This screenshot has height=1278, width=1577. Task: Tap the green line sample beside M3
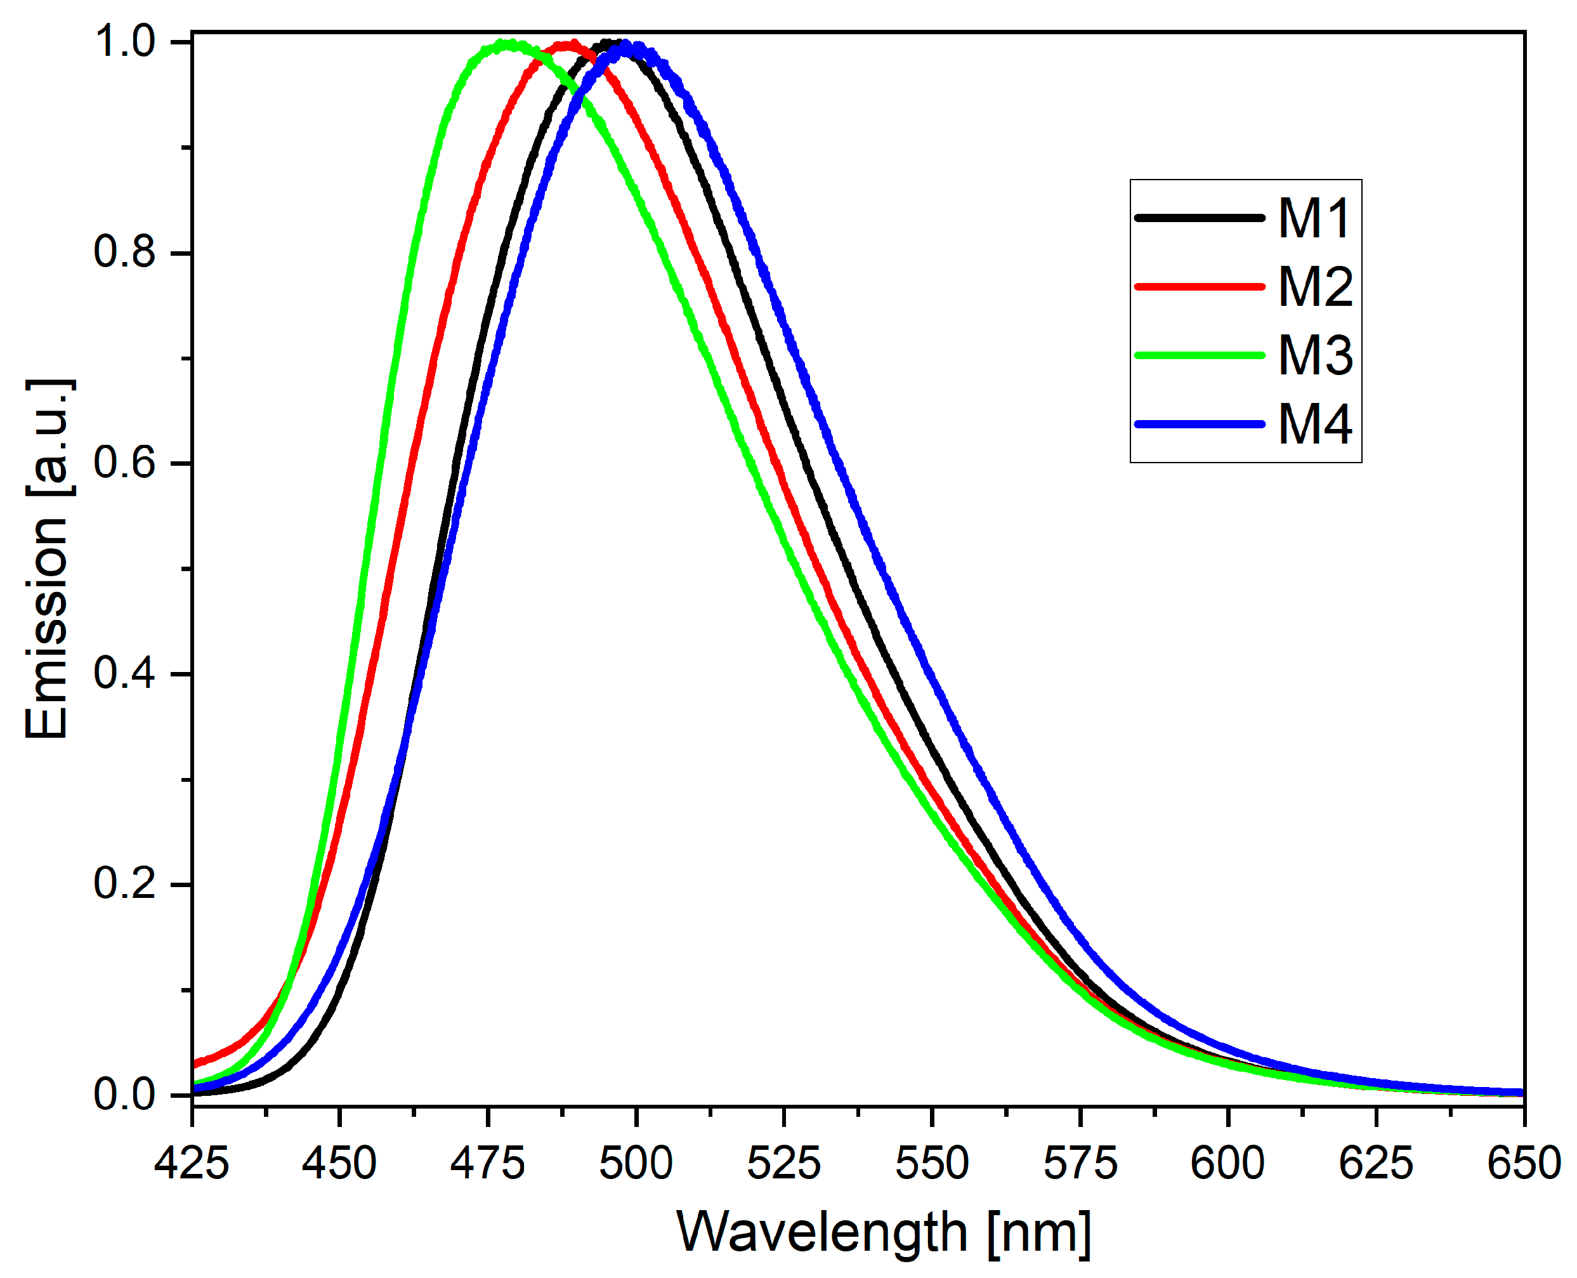pos(1199,355)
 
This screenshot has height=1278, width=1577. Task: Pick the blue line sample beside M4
pos(1199,424)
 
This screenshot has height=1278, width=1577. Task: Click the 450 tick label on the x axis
pos(339,1163)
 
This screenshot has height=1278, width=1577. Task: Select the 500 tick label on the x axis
pos(636,1163)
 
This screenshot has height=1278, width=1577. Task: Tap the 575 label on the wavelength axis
pos(1080,1163)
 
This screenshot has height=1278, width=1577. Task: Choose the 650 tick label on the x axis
pos(1523,1163)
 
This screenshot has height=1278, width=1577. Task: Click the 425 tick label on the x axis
pos(192,1163)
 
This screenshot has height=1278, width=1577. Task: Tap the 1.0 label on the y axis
pos(125,41)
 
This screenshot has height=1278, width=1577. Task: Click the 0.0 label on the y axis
pos(125,1094)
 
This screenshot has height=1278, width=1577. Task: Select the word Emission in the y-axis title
pos(47,625)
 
